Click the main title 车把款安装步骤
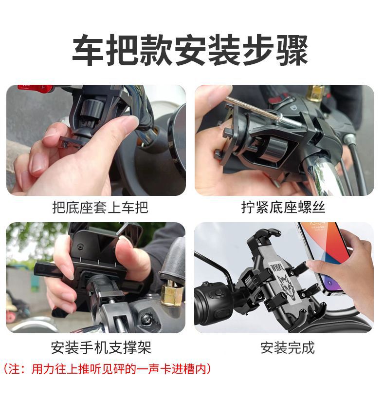190,50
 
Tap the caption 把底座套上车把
100,208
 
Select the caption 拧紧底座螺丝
283,208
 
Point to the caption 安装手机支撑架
101,347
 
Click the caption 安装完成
288,347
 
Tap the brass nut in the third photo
172,293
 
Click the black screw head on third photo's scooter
146,320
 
